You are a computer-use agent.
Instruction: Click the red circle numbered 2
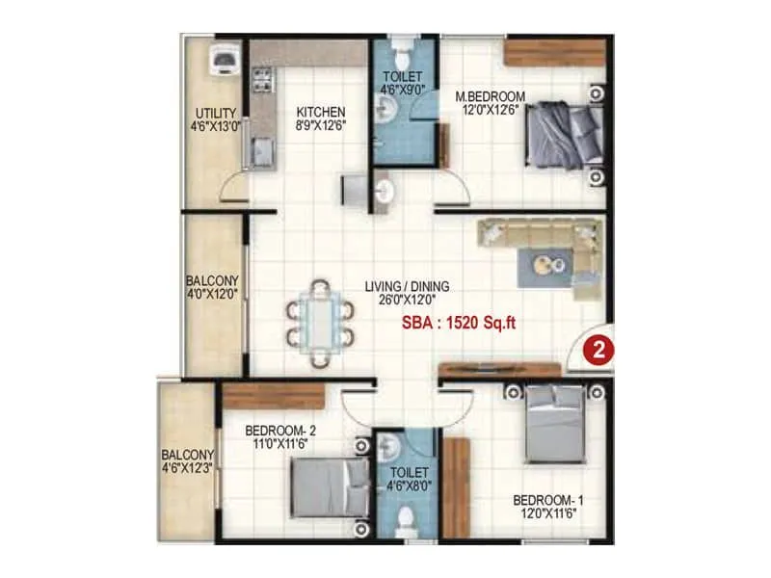pyautogui.click(x=598, y=351)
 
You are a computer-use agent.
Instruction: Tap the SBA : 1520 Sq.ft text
pyautogui.click(x=459, y=324)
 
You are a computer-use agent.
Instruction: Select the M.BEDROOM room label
pyautogui.click(x=490, y=96)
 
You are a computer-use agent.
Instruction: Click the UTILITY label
pyautogui.click(x=215, y=113)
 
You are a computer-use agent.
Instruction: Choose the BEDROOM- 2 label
pyautogui.click(x=278, y=431)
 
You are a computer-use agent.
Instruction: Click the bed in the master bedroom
pyautogui.click(x=566, y=135)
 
